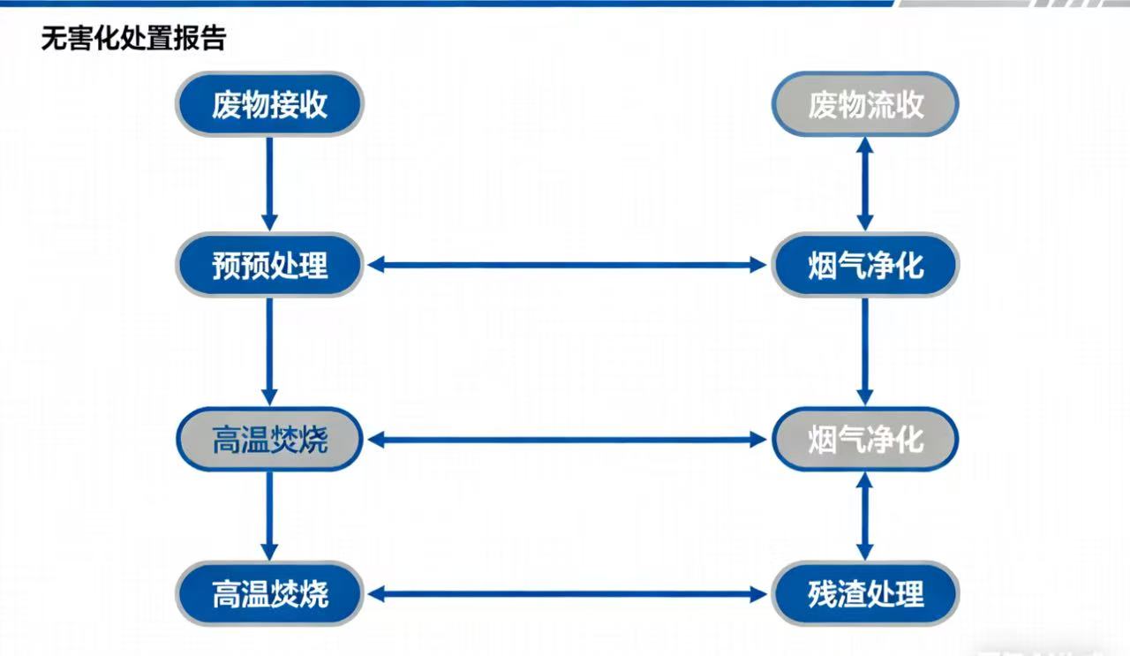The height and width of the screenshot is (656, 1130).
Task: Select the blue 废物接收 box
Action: click(x=269, y=104)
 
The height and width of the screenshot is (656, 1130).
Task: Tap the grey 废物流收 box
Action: click(x=865, y=104)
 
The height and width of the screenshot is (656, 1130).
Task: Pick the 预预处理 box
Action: click(x=269, y=264)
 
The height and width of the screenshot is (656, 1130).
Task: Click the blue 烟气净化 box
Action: click(x=865, y=264)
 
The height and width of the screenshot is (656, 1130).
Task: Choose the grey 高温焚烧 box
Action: click(x=269, y=439)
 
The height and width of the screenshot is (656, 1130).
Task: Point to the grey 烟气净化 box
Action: click(x=865, y=439)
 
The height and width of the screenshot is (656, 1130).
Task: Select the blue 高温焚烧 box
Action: click(x=269, y=593)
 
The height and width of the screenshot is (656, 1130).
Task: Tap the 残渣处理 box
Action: click(x=865, y=593)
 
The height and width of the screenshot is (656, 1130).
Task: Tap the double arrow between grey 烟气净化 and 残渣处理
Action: click(x=865, y=516)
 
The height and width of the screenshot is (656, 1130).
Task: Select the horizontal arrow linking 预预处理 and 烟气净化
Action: click(x=567, y=264)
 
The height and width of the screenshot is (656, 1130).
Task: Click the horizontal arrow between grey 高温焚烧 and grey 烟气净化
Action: click(x=567, y=439)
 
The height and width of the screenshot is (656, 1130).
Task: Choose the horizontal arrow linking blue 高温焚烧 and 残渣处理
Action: click(x=567, y=594)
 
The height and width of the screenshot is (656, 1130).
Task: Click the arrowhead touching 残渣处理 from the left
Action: click(x=758, y=594)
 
